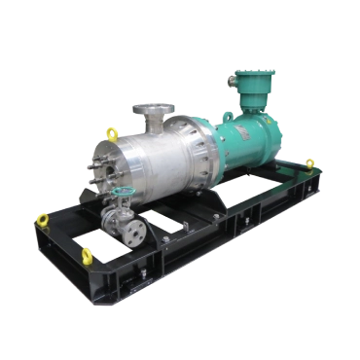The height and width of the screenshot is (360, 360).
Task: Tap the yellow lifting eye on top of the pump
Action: click(112, 133)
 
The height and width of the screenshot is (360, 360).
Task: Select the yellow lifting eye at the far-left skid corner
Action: click(42, 219)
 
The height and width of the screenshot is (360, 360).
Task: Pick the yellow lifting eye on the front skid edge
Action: click(87, 255)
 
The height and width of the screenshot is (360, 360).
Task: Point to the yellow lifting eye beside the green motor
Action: click(310, 163)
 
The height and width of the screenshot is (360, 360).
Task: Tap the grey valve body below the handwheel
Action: click(119, 216)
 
